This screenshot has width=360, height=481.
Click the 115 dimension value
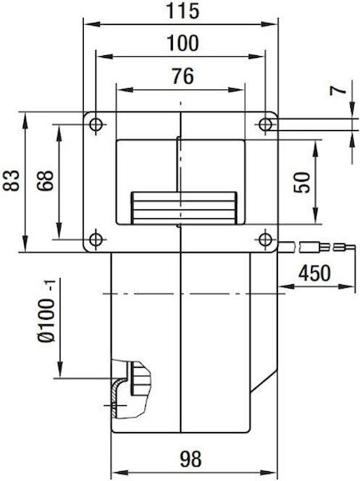(x=183, y=11)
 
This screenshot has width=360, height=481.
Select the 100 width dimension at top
(x=183, y=44)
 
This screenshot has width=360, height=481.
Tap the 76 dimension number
(x=183, y=76)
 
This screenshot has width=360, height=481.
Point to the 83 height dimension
(x=11, y=180)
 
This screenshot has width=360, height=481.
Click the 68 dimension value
(x=45, y=181)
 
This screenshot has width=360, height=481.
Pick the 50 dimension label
(x=302, y=183)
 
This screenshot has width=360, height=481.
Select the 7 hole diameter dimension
(x=338, y=91)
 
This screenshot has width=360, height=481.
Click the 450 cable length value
(x=315, y=273)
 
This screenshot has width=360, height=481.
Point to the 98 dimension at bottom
(x=191, y=459)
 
